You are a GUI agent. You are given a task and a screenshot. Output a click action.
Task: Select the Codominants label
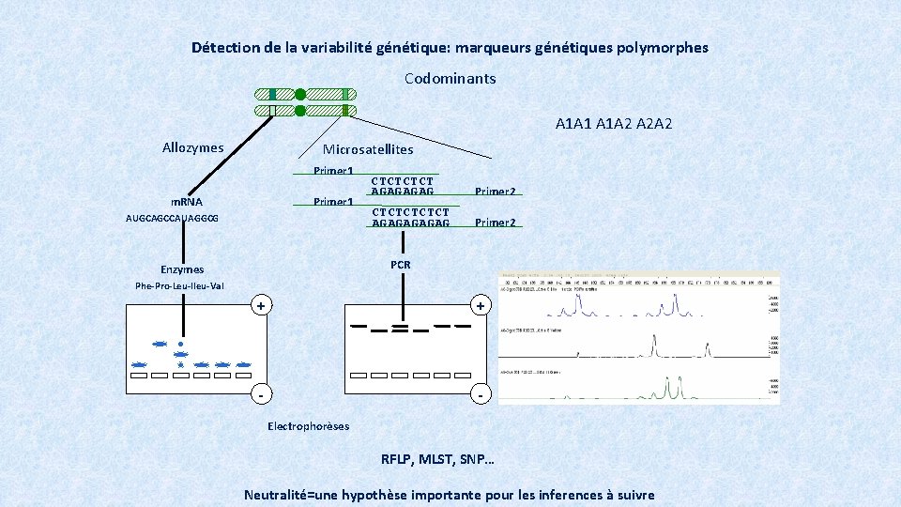450,78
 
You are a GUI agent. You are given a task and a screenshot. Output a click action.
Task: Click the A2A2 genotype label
654,124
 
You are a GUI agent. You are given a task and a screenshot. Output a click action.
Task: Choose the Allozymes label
192,147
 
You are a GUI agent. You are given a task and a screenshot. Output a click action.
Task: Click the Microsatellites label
367,149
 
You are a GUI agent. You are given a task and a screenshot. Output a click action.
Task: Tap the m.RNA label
186,202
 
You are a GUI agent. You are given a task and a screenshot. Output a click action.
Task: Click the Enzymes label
182,269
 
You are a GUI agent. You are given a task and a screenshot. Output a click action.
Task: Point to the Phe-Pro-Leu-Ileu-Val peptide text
179,286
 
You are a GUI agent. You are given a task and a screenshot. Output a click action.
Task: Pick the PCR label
401,265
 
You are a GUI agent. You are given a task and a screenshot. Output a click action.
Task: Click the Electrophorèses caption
308,426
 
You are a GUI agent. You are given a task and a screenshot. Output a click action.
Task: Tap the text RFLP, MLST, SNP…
436,460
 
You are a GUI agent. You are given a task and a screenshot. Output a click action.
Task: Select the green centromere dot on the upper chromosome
299,94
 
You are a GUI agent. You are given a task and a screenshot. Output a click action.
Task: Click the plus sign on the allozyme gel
263,306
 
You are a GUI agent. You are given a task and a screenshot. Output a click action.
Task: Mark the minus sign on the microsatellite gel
481,394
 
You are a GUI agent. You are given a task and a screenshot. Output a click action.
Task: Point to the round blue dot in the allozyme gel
180,345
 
